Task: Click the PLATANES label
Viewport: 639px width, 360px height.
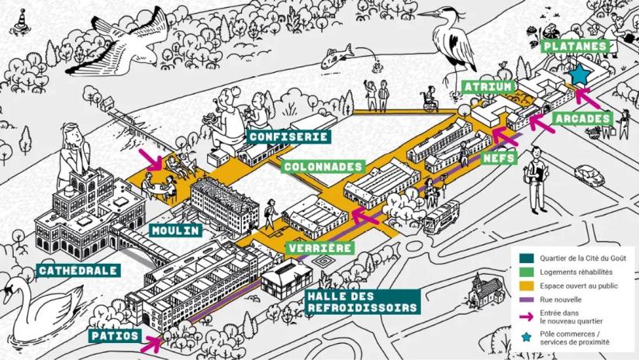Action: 575,46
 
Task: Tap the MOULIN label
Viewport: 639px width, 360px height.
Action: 176,230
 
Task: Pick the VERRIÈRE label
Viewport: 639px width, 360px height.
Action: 321,248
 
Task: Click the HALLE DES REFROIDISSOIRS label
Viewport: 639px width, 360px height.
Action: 362,301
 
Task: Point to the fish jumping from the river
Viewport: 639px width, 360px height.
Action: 337,55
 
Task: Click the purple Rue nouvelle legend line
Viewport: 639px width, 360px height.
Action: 528,299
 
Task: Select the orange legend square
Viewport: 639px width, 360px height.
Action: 528,286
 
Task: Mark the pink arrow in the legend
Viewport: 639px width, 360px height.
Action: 528,316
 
